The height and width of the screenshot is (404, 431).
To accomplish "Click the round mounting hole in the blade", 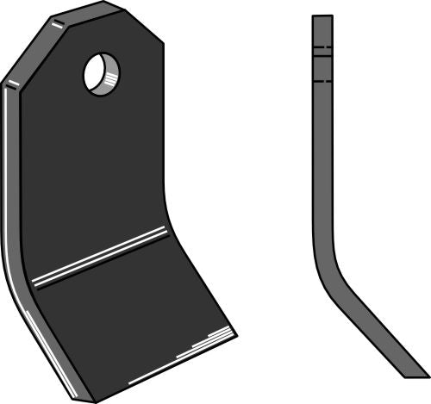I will point(101,74).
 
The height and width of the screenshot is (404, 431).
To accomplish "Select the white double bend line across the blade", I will point(99,256).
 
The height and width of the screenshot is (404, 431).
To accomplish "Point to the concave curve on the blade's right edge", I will point(167,207).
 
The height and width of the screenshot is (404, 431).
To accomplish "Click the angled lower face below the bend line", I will point(129,319).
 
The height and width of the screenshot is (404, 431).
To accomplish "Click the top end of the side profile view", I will point(322,16).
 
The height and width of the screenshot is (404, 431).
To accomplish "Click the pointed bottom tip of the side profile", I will point(422,376).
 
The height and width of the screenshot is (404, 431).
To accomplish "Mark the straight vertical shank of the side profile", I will point(322,155).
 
